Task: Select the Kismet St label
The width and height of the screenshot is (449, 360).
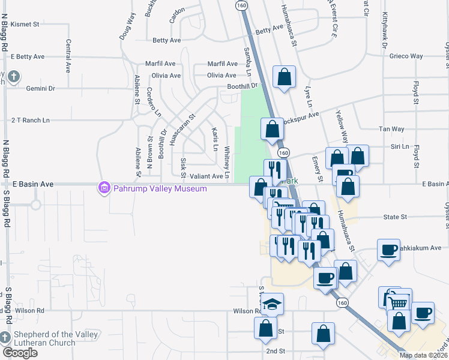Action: (25, 25)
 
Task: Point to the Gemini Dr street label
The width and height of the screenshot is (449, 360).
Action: (40, 88)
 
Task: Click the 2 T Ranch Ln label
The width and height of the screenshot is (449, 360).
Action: (30, 120)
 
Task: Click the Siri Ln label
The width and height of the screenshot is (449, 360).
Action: (399, 146)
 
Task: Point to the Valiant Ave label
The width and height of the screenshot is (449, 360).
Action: (206, 176)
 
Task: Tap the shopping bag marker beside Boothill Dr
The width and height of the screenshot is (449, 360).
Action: (284, 77)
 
